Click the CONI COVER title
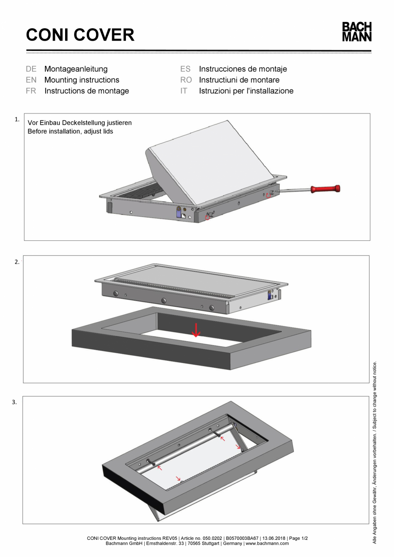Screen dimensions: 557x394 pyautogui.click(x=80, y=35)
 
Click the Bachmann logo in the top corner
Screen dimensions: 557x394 pyautogui.click(x=356, y=32)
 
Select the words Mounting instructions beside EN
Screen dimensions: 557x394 pyautogui.click(x=82, y=80)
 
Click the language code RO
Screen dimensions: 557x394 pyautogui.click(x=186, y=80)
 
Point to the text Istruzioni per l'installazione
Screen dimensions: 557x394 pyautogui.click(x=246, y=91)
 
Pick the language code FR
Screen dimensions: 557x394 pyautogui.click(x=31, y=91)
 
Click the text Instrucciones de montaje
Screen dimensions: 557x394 pyautogui.click(x=243, y=69)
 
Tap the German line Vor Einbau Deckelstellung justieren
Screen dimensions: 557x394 pyautogui.click(x=80, y=123)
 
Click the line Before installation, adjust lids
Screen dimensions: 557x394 pyautogui.click(x=70, y=131)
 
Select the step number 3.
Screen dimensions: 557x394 pyautogui.click(x=14, y=402)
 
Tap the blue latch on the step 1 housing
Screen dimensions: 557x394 pyautogui.click(x=179, y=212)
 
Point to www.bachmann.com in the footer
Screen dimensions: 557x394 pyautogui.click(x=267, y=543)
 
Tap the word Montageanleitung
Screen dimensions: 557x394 pyautogui.click(x=76, y=69)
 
